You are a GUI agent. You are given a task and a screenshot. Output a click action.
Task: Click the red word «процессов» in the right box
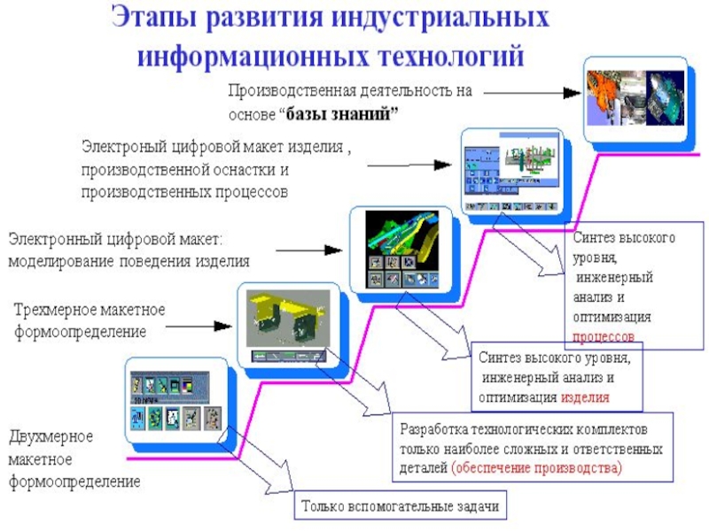click(x=604, y=337)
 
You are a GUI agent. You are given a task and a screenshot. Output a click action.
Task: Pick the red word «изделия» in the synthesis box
click(x=584, y=397)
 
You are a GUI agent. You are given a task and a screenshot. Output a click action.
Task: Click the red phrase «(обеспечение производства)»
click(x=537, y=468)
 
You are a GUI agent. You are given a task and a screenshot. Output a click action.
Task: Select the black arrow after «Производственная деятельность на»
click(x=524, y=91)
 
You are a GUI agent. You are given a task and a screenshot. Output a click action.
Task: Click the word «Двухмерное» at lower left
click(x=51, y=437)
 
